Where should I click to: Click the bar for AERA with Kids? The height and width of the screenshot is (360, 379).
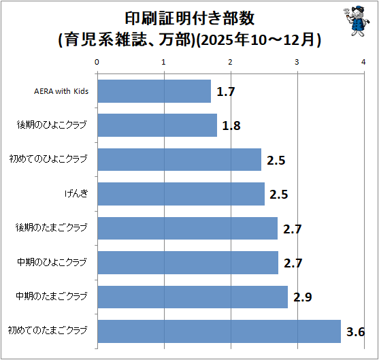pyautogui.click(x=154, y=91)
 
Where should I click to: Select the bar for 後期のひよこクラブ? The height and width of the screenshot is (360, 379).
pyautogui.click(x=157, y=125)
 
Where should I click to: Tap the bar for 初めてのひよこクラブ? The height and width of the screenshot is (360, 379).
pyautogui.click(x=180, y=159)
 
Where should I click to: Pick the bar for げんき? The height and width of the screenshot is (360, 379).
pyautogui.click(x=181, y=194)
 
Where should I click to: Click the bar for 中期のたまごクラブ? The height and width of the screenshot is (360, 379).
pyautogui.click(x=193, y=297)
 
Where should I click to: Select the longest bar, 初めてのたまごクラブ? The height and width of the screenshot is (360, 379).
pyautogui.click(x=219, y=331)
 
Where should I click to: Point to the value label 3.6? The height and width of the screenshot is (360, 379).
pyautogui.click(x=355, y=332)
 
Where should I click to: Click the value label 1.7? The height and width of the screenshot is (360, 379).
pyautogui.click(x=226, y=92)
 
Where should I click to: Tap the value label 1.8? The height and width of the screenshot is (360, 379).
pyautogui.click(x=231, y=126)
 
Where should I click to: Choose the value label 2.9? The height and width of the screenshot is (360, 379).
pyautogui.click(x=303, y=297)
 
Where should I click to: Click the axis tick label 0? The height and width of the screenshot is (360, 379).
pyautogui.click(x=97, y=62)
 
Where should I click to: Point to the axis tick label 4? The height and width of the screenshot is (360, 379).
pyautogui.click(x=363, y=62)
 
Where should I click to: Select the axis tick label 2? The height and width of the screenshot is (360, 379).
pyautogui.click(x=230, y=62)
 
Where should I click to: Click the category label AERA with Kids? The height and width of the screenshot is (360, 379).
pyautogui.click(x=61, y=91)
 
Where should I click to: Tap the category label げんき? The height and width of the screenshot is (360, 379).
pyautogui.click(x=76, y=193)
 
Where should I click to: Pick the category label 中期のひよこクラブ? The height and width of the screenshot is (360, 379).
pyautogui.click(x=52, y=262)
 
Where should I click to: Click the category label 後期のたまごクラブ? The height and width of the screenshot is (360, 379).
pyautogui.click(x=51, y=228)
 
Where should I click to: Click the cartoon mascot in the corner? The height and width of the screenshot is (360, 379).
pyautogui.click(x=357, y=21)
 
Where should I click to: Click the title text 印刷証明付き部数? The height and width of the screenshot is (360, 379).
pyautogui.click(x=189, y=18)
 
